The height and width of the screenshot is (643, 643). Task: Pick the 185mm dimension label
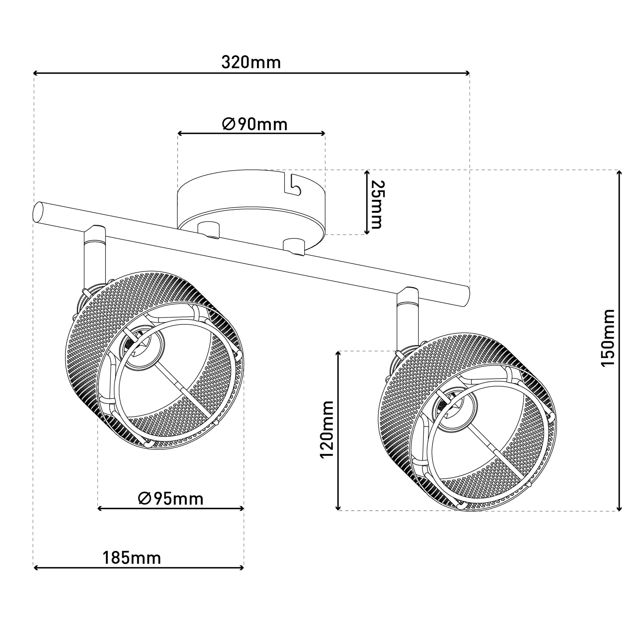[132, 558]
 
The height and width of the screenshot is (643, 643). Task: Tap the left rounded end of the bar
[39, 213]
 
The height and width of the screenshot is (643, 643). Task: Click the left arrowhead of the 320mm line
[36, 73]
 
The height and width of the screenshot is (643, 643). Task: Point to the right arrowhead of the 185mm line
[241, 568]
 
